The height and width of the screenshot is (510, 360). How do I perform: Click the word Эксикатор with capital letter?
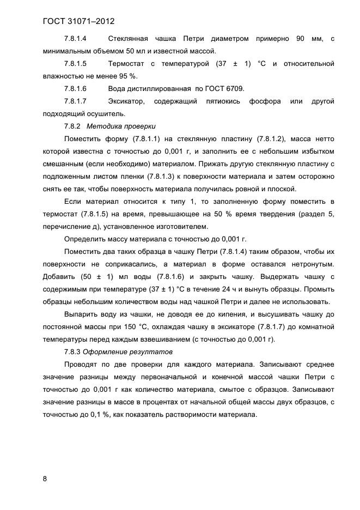[126, 101]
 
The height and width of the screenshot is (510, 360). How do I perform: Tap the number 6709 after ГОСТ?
[235, 89]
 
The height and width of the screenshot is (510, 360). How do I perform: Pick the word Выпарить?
[81, 314]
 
